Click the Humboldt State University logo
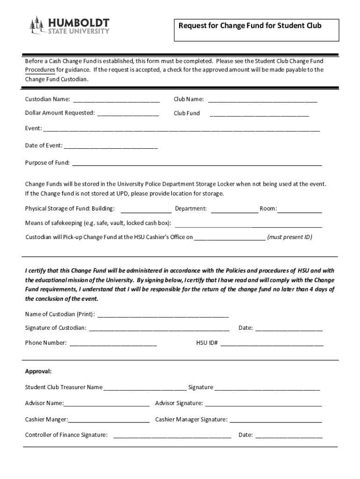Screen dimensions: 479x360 tap(70, 26)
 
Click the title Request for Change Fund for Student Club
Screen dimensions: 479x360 tap(250, 26)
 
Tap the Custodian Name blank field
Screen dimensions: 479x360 tap(116, 100)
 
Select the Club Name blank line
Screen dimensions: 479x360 tap(262, 100)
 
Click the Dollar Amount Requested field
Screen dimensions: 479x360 tap(128, 113)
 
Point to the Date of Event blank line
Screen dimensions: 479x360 tap(110, 146)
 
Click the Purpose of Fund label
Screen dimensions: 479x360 tap(47, 163)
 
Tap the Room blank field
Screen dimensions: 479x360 tap(300, 210)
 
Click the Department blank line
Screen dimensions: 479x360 tap(235, 210)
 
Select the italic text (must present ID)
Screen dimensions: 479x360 tap(289, 237)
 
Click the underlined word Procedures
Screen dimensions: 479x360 tap(40, 70)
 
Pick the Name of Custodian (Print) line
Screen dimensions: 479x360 tap(163, 314)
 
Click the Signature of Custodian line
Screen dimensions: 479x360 tap(159, 328)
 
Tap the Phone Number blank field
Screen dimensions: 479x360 tap(113, 343)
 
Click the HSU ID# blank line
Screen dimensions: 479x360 tap(272, 343)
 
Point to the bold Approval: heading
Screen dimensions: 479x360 tap(38, 371)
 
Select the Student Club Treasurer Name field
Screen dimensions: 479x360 tap(145, 388)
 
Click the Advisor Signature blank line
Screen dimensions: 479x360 tap(263, 404)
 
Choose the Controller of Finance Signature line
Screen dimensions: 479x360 tap(172, 435)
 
